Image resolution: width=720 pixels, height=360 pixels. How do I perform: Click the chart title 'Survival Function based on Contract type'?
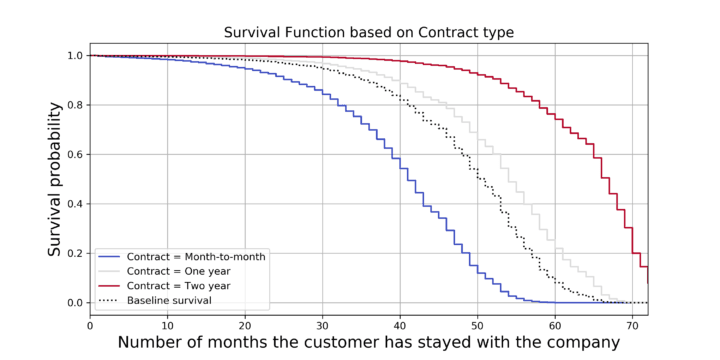[369, 33]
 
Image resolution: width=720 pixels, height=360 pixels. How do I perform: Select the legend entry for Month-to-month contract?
[182, 257]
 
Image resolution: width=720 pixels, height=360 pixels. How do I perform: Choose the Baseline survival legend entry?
[156, 301]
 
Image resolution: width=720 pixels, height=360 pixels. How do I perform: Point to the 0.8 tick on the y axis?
[76, 105]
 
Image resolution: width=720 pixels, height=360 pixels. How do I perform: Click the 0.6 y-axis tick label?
[76, 154]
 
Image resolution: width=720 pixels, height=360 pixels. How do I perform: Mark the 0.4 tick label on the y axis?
[76, 204]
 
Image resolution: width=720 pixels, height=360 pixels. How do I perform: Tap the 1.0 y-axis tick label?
[76, 56]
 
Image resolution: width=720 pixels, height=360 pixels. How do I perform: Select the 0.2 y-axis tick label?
[76, 253]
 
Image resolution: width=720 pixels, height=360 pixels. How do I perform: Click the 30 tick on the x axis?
[322, 325]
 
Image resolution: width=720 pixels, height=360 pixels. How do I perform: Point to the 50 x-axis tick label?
[478, 325]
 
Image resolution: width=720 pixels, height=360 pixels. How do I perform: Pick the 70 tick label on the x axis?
[633, 325]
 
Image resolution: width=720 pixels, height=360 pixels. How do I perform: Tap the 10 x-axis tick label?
[167, 325]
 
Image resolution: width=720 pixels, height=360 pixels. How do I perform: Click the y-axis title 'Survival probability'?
[55, 179]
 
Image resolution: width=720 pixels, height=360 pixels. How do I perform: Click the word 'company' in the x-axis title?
[583, 344]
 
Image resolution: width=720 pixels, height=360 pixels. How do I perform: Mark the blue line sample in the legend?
[110, 257]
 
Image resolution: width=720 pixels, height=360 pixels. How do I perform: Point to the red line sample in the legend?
[110, 286]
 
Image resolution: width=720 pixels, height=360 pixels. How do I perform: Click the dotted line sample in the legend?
[110, 301]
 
